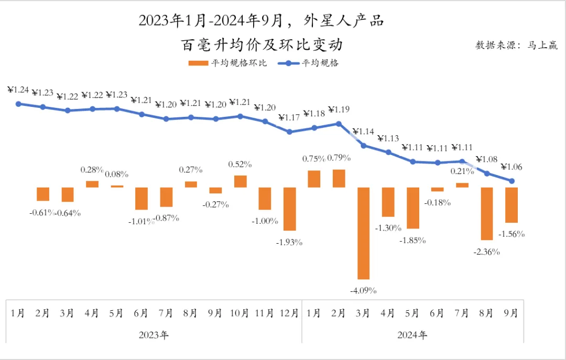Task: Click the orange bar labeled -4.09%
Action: pyautogui.click(x=364, y=233)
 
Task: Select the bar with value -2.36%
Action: pyautogui.click(x=487, y=213)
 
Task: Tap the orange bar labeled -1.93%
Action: pyautogui.click(x=290, y=209)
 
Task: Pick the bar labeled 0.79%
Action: pyautogui.click(x=339, y=179)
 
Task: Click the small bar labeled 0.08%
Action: pyautogui.click(x=117, y=186)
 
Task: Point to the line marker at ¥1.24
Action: pyautogui.click(x=18, y=104)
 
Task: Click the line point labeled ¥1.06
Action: pyautogui.click(x=512, y=181)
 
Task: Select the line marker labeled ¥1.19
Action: pyautogui.click(x=339, y=124)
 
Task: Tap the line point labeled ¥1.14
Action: pyautogui.click(x=364, y=145)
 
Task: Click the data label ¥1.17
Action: pyautogui.click(x=288, y=117)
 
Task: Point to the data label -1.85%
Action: pyautogui.click(x=412, y=241)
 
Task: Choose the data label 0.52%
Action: pyautogui.click(x=240, y=164)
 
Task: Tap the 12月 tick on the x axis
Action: pyautogui.click(x=289, y=313)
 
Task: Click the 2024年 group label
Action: pyautogui.click(x=413, y=334)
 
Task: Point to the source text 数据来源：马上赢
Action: pyautogui.click(x=516, y=45)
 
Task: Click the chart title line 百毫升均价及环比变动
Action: pyautogui.click(x=262, y=45)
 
